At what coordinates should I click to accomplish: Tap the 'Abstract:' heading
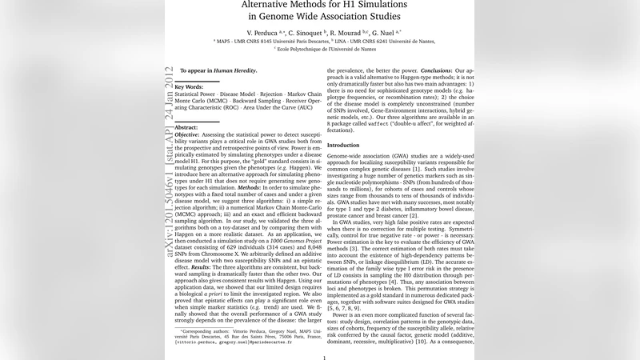pos(186,127)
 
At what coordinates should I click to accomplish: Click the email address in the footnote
pos(249,341)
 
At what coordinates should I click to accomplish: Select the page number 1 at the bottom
pos(323,358)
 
